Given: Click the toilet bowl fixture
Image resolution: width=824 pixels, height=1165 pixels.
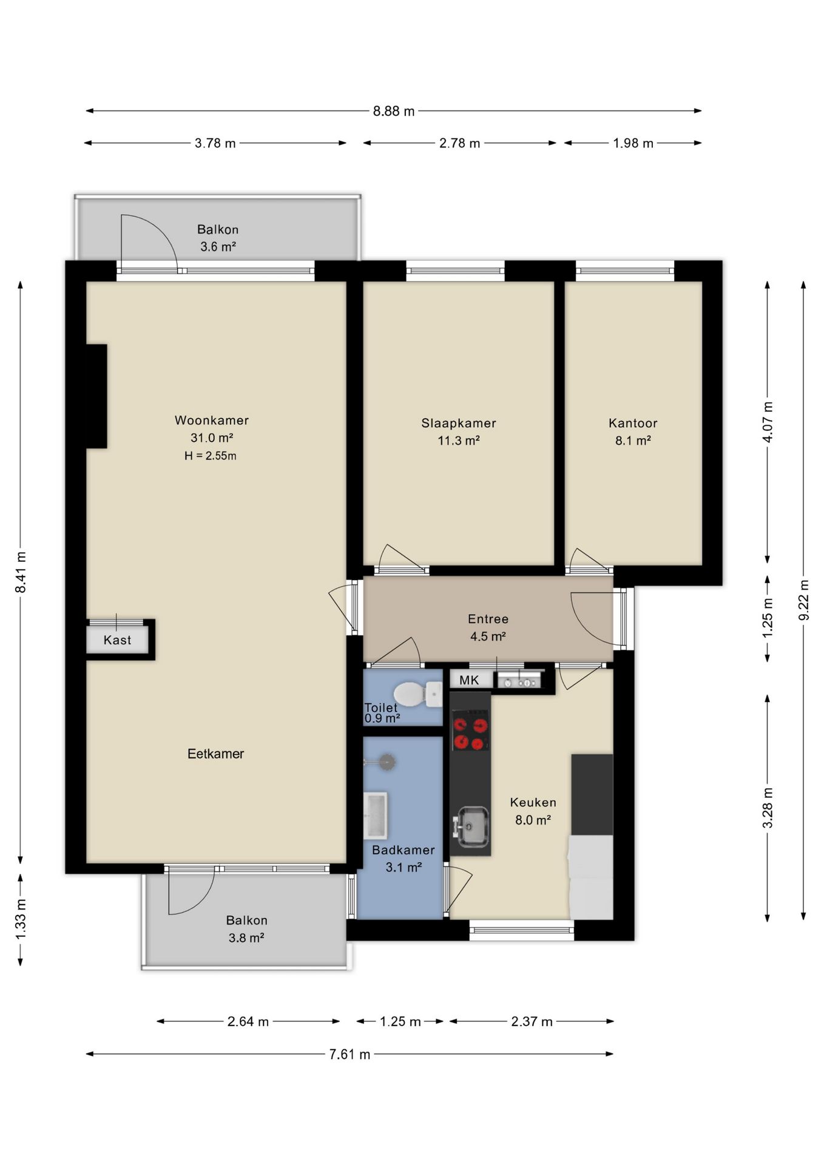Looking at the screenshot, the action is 418,694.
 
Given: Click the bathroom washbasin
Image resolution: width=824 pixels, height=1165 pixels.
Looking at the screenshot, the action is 375,815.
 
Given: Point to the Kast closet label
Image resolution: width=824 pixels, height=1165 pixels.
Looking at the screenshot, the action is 117,640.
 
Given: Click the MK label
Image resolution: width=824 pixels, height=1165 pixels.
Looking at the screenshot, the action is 469,680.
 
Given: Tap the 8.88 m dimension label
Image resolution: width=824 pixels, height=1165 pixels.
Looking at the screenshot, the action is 394,111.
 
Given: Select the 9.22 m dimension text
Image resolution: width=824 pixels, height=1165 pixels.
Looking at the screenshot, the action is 804,600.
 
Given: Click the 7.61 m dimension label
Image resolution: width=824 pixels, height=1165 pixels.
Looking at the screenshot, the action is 350,1055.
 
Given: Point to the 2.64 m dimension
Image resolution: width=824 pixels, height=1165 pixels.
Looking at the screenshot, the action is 248,1022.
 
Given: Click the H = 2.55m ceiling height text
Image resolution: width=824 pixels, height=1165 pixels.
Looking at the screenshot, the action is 211,456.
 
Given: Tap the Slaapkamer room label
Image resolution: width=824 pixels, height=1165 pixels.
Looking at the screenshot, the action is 459,423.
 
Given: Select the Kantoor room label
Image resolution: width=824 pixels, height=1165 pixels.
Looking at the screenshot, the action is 633,423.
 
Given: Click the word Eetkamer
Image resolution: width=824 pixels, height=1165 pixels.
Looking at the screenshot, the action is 215,754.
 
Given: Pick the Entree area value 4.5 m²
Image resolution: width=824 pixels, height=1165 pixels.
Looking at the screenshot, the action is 488,637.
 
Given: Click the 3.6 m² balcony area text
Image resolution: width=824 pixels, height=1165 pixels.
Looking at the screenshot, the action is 218,247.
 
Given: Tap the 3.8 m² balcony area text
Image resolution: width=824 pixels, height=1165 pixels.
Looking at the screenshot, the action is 246,938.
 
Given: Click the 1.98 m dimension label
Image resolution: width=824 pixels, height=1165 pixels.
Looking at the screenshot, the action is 633,143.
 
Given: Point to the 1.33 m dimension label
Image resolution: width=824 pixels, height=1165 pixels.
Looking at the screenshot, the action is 21,920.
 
